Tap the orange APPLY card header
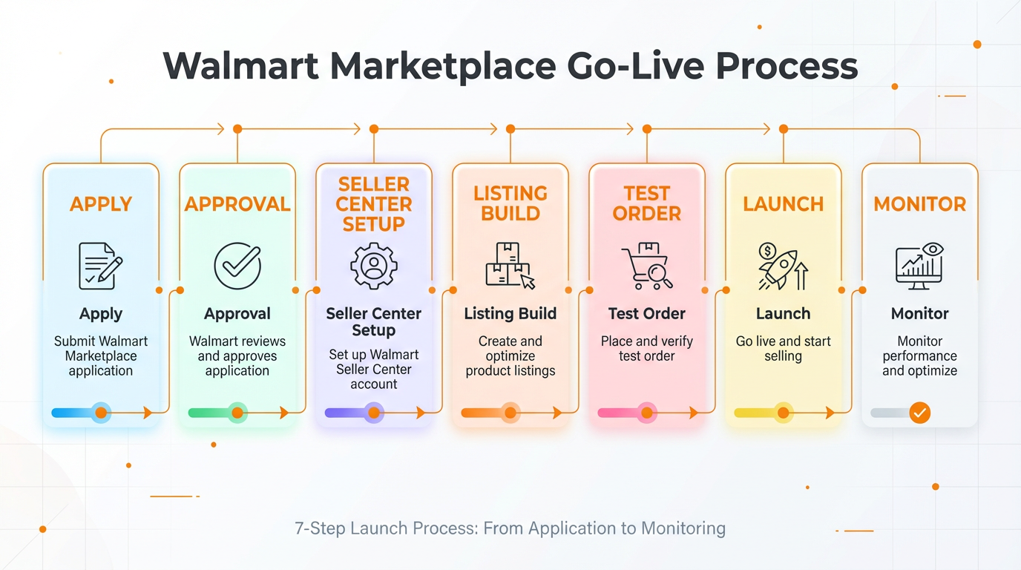pyautogui.click(x=101, y=204)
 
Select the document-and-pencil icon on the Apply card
pyautogui.click(x=100, y=266)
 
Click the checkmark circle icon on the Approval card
pyautogui.click(x=237, y=266)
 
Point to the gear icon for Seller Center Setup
pyautogui.click(x=374, y=266)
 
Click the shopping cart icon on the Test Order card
pyautogui.click(x=646, y=266)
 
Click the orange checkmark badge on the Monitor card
pyautogui.click(x=919, y=413)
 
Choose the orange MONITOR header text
pyautogui.click(x=919, y=204)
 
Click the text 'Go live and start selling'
pyautogui.click(x=783, y=349)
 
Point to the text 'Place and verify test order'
pyautogui.click(x=646, y=349)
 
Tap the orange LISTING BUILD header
pyautogui.click(x=510, y=203)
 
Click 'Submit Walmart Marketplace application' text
pyautogui.click(x=101, y=356)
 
